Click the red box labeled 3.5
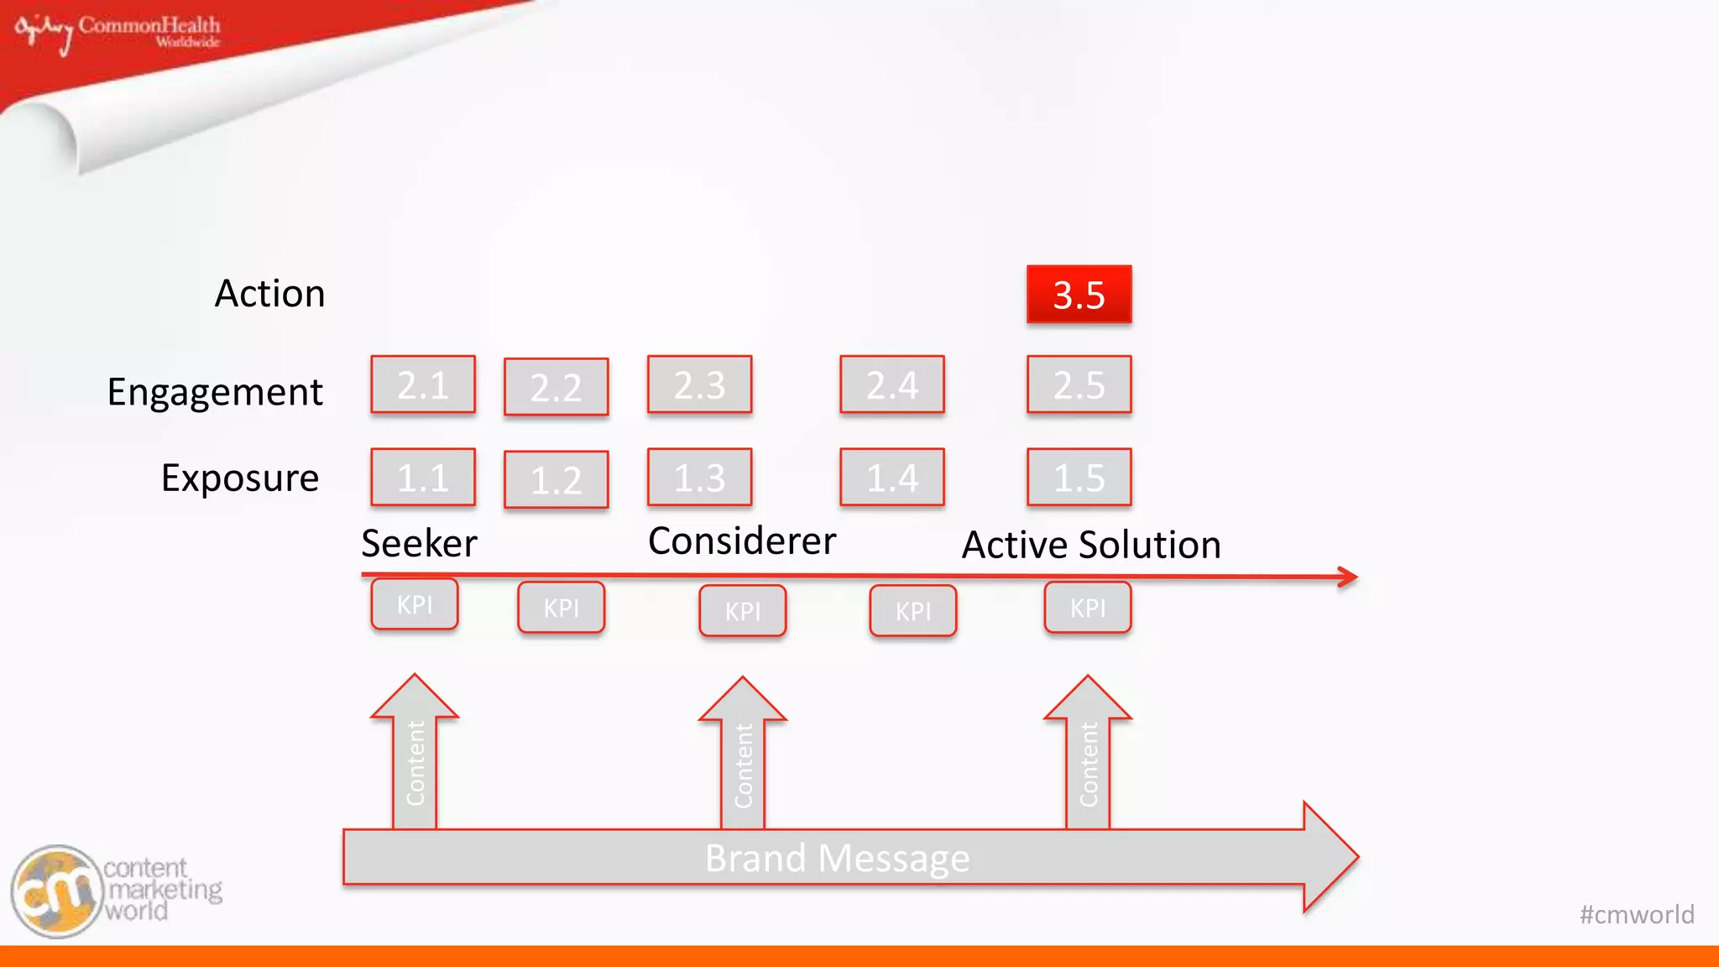click(x=1079, y=295)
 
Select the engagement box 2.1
click(x=423, y=385)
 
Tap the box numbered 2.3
click(x=699, y=385)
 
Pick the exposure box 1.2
click(x=556, y=480)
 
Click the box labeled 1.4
click(x=892, y=478)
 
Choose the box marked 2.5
click(x=1079, y=385)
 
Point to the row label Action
click(x=269, y=294)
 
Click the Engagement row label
click(x=215, y=392)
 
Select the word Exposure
click(x=240, y=478)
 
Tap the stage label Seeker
click(x=419, y=544)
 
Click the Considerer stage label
click(x=742, y=541)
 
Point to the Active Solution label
click(x=1091, y=545)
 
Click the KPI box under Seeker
click(x=415, y=604)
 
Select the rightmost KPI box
click(x=1088, y=608)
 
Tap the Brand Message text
click(x=837, y=859)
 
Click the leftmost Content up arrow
click(x=415, y=755)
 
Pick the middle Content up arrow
click(x=743, y=758)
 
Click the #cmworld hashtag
click(x=1637, y=914)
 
